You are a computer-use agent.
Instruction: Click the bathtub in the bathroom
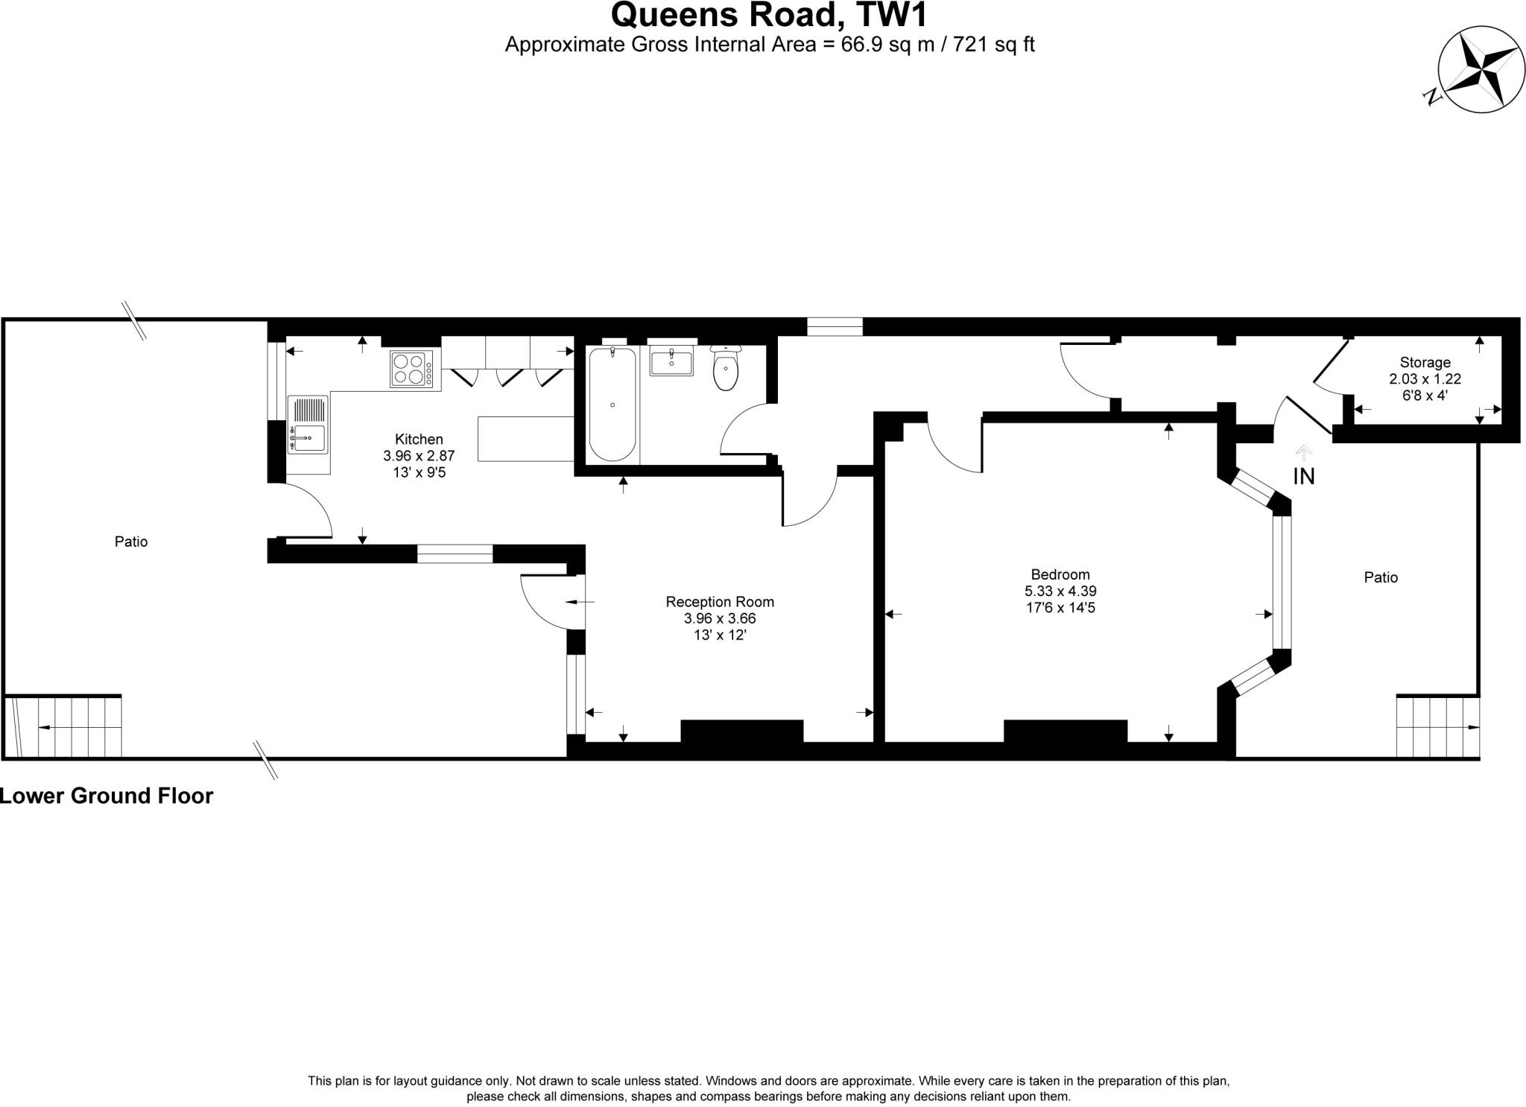[x=612, y=405]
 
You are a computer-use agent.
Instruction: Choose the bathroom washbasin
[x=671, y=362]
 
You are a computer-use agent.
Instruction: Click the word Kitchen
[x=419, y=440]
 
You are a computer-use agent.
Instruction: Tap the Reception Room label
[x=719, y=602]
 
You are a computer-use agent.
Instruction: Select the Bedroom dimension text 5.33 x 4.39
[x=1060, y=591]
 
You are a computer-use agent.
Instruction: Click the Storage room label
[x=1425, y=363]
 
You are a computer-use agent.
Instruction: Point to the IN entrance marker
[x=1303, y=477]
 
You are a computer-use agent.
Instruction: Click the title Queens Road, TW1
[x=769, y=15]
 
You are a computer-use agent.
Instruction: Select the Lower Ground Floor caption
[x=106, y=796]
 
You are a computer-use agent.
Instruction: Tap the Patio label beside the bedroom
[x=1381, y=577]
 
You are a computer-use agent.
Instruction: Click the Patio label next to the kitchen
[x=131, y=542]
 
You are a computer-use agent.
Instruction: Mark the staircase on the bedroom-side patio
[x=1437, y=726]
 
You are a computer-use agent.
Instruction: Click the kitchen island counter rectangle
[x=525, y=439]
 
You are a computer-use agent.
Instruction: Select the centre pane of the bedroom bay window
[x=1281, y=583]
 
